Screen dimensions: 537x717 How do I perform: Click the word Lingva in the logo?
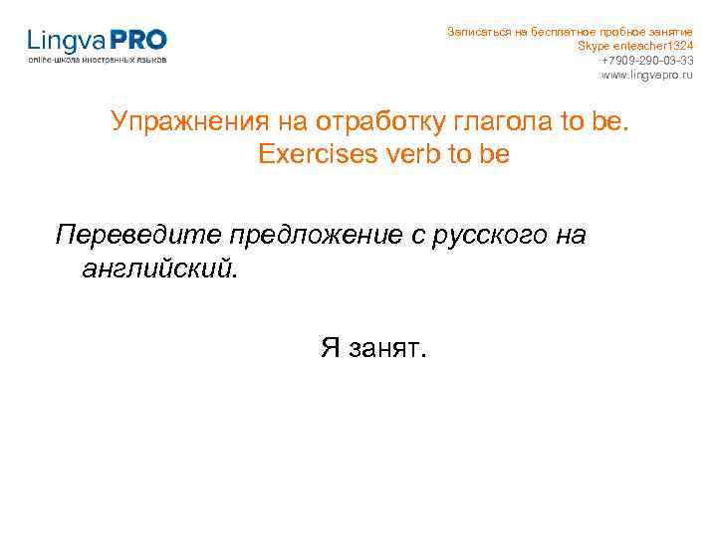pyautogui.click(x=65, y=41)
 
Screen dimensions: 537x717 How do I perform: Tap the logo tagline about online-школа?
pyautogui.click(x=97, y=60)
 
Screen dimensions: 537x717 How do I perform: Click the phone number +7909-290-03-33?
pyautogui.click(x=647, y=61)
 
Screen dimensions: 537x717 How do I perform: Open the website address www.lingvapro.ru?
pyautogui.click(x=646, y=75)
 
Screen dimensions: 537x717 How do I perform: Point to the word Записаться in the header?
pyautogui.click(x=478, y=32)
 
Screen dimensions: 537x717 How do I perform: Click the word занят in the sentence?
pyautogui.click(x=387, y=348)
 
